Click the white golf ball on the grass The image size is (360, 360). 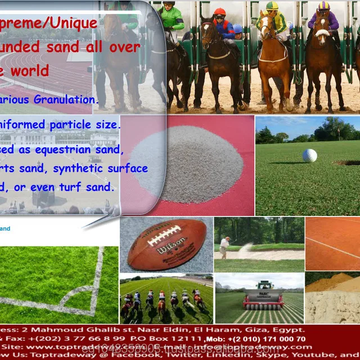(309, 155)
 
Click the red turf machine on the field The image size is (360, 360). (263, 296)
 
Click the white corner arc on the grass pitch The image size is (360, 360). (84, 292)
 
